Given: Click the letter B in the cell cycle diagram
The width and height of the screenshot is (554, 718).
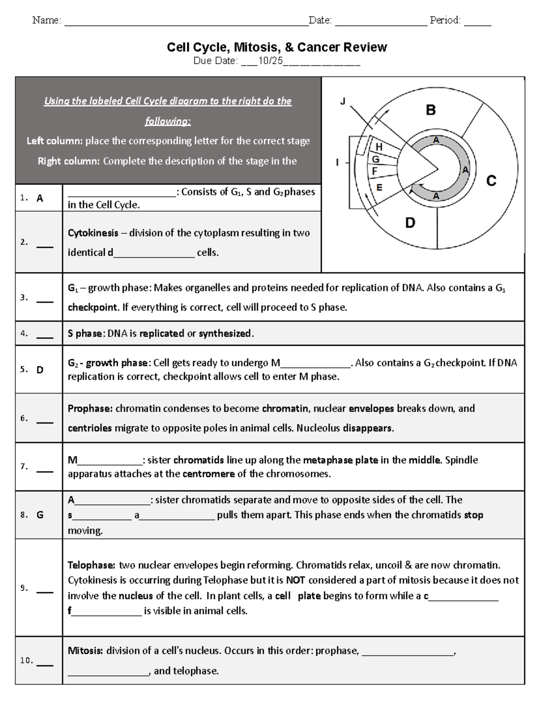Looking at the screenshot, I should coord(430,110).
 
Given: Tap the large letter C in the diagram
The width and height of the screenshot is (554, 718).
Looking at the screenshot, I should coord(491,181).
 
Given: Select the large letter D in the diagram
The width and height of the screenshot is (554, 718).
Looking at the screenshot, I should coord(410,223).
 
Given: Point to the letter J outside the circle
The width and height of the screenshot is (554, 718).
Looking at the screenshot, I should coord(343,101).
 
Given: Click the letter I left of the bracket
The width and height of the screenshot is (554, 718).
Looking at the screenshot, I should coord(337,162).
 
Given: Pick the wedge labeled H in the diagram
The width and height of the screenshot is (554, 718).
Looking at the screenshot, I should coord(379,147).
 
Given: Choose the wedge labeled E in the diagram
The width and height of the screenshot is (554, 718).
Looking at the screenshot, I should coord(379,187).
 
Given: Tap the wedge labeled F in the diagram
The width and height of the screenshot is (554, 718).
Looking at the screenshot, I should coord(375,171).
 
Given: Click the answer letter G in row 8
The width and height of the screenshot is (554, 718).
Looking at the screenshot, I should coord(40,515).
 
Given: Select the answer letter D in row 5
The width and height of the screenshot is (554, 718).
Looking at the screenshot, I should coord(40,370).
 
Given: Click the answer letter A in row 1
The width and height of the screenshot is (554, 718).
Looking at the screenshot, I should coord(40,198).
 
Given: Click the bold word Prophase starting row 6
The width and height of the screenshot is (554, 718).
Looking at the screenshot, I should coord(90,409).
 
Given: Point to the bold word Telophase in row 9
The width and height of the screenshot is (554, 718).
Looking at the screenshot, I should coord(91,565).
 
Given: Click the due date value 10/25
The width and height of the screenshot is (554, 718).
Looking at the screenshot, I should coord(270,61).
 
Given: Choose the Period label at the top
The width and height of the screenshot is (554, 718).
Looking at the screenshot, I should coord(445,20).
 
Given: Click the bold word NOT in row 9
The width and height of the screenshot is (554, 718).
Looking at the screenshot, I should coord(296,580).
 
